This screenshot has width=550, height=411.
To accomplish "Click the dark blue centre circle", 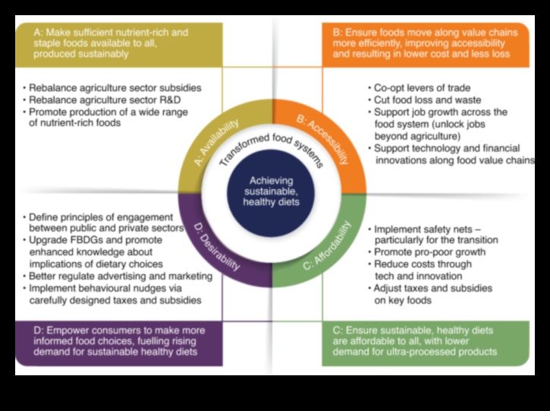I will point(272,191).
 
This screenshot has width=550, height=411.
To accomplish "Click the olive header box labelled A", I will point(118,45).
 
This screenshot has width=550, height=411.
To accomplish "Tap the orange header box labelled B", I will point(425,44).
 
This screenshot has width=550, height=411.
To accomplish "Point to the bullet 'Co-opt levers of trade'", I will point(422,88).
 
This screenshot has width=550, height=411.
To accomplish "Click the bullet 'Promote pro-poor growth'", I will point(429,252).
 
